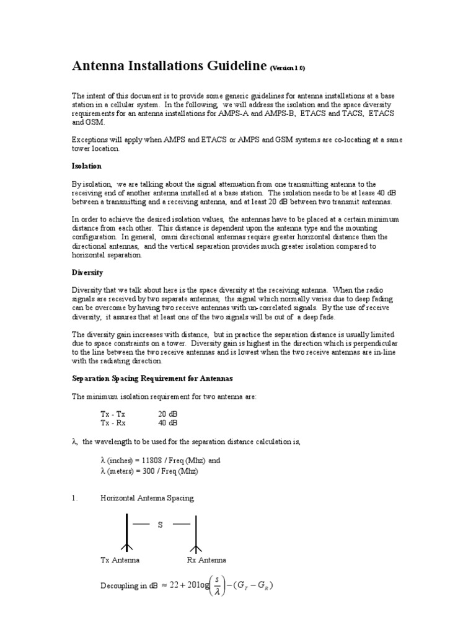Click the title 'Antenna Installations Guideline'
(x=169, y=66)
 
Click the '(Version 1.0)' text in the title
(x=288, y=68)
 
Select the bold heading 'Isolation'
(x=87, y=166)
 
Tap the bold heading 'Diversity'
(x=87, y=272)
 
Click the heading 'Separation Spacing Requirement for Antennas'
(x=152, y=378)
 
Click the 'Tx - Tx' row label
(x=113, y=413)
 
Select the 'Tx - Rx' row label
(x=113, y=422)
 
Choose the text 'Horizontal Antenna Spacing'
(x=147, y=498)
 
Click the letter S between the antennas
(x=161, y=525)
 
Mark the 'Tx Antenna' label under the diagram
(x=120, y=560)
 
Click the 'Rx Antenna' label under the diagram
(x=206, y=560)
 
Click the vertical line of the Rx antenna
(x=196, y=530)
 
